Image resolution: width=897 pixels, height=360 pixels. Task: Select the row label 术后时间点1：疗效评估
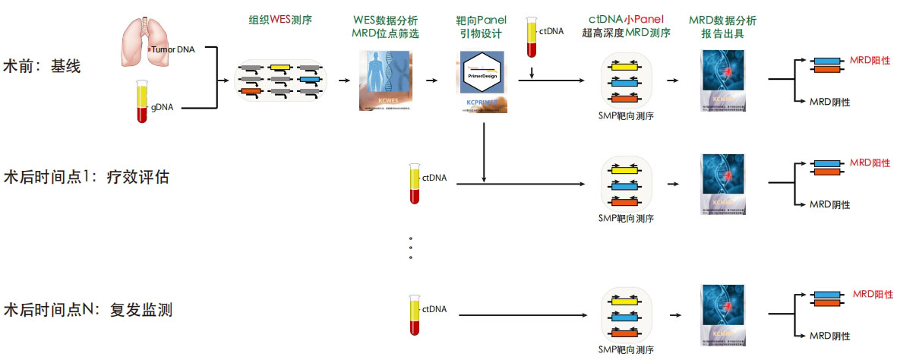[86, 177]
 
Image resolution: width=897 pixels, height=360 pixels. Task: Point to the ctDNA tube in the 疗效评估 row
[415, 182]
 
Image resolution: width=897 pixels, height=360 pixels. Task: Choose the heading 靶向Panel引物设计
[482, 26]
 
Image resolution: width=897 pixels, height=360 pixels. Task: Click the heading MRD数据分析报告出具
[722, 26]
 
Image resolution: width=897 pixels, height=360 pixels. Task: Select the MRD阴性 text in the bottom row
[829, 336]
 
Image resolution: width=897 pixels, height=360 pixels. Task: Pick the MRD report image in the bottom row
[722, 313]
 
